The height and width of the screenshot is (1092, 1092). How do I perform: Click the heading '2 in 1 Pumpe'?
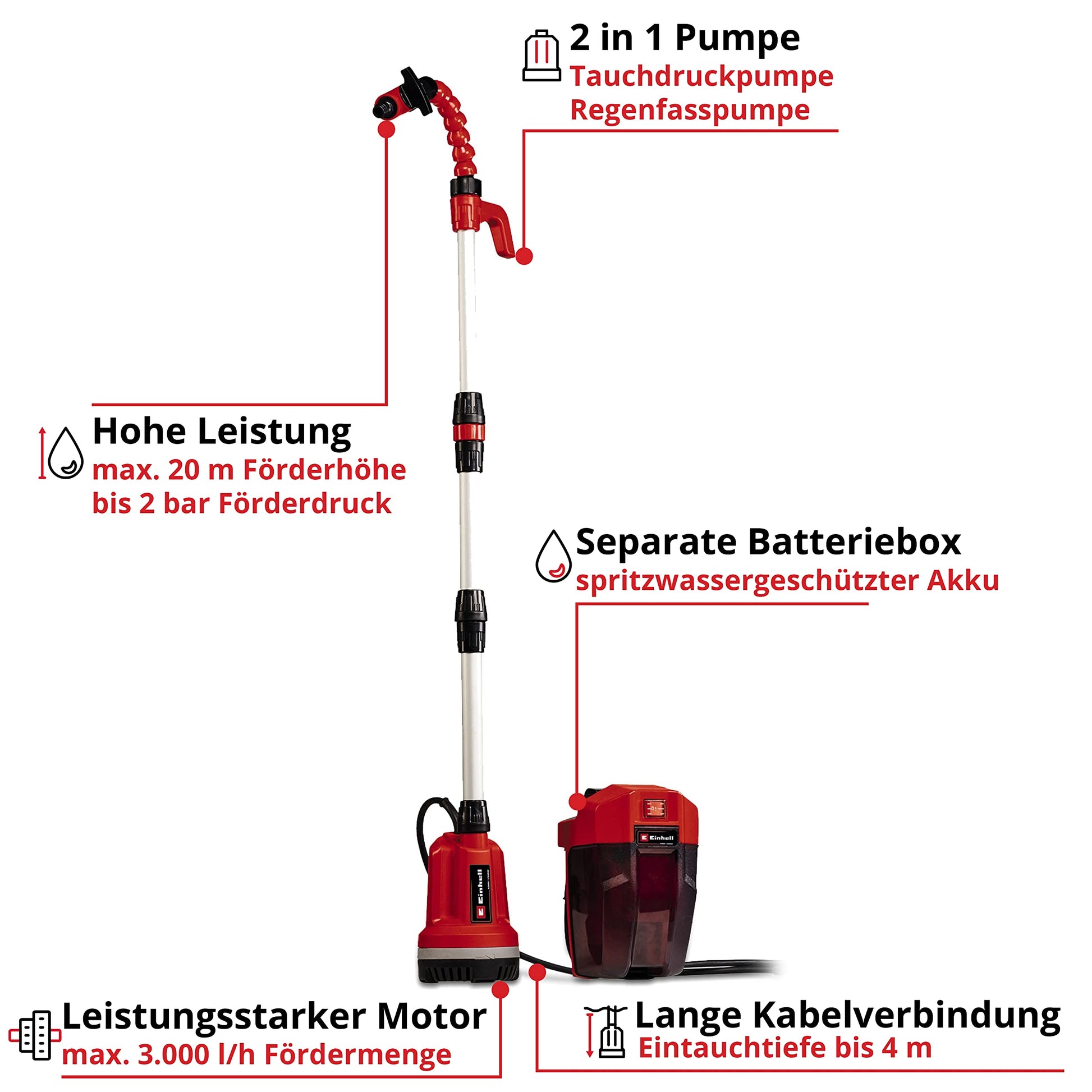(x=685, y=38)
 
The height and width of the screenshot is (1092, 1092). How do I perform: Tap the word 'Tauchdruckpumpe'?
(x=701, y=77)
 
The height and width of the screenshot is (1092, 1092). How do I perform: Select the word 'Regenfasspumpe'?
(x=690, y=110)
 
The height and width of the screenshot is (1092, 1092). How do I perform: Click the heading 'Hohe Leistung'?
(x=222, y=433)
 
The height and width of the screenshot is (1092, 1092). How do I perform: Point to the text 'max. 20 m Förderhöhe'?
(x=249, y=470)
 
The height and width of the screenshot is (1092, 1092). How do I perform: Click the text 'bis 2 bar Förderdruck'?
(x=242, y=503)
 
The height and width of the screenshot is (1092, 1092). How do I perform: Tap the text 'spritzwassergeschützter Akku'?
(x=787, y=581)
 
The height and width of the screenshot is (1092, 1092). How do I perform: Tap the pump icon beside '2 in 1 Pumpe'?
(x=542, y=56)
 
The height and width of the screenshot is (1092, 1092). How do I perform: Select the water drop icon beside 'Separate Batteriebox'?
(x=553, y=556)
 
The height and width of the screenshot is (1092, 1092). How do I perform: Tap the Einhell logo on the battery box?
(x=655, y=838)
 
